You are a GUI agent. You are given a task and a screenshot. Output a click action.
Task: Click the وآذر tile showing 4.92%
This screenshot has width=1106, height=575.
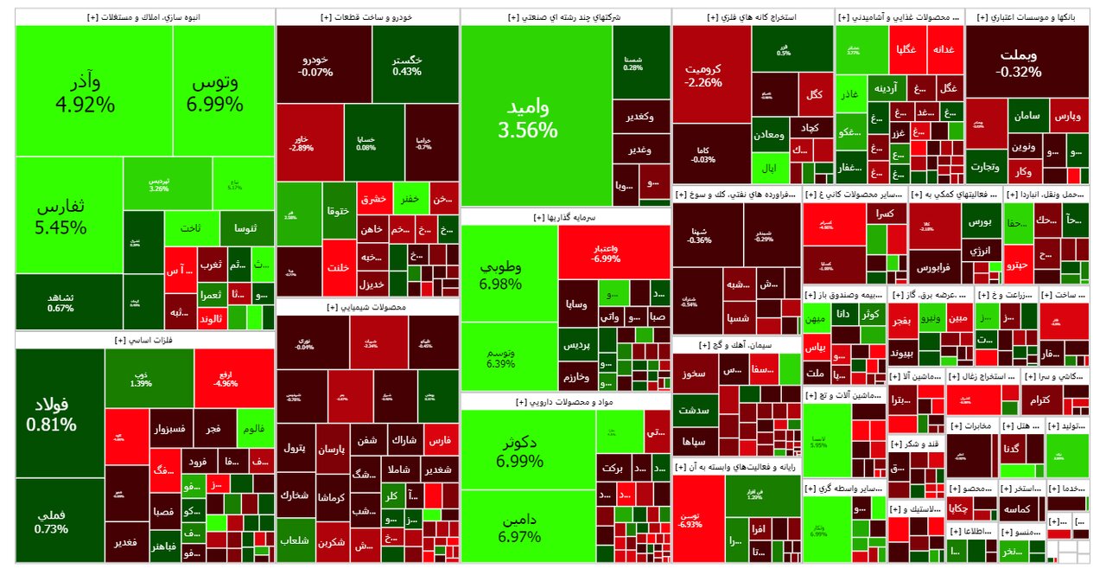93,92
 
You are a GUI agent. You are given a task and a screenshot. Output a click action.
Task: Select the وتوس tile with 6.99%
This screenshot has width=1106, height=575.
224,92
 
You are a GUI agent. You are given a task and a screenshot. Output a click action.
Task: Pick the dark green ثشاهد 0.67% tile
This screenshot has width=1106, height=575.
60,303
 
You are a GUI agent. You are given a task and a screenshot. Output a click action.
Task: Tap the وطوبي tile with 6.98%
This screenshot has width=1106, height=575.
509,273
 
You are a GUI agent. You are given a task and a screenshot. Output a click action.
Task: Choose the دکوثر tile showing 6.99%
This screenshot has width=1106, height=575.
529,450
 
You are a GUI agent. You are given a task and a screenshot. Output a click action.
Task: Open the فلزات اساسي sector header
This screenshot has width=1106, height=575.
145,341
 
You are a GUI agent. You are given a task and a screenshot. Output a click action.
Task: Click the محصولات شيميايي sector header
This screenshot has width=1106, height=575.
367,307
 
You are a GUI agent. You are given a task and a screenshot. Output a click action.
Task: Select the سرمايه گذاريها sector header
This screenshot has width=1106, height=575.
565,217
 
